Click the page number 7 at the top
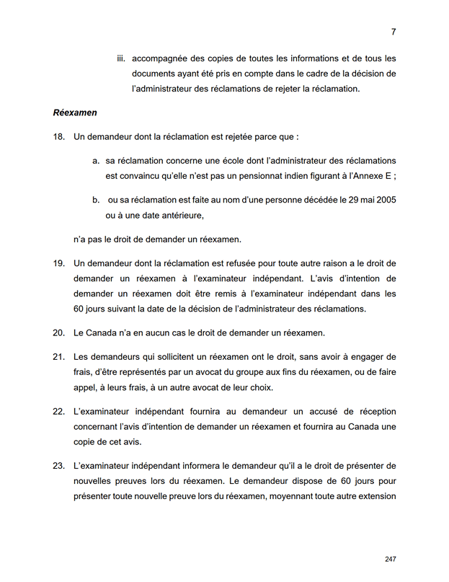coord(394,32)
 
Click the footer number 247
coord(391,559)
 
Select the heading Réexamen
coord(75,113)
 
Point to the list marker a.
coord(96,160)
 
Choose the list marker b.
coord(96,199)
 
